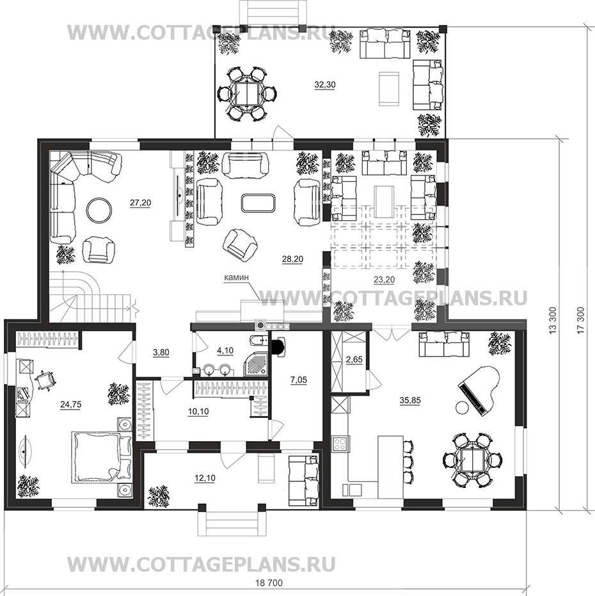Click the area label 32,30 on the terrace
(325, 85)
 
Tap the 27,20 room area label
(140, 203)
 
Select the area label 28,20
(292, 259)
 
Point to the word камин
(236, 277)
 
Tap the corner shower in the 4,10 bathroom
(256, 364)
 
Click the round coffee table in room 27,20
(99, 210)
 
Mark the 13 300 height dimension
(553, 320)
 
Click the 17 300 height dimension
(580, 320)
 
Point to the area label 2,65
(354, 360)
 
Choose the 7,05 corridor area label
(298, 380)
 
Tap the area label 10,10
(198, 411)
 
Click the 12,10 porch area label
(205, 478)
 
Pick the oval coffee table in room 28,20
(258, 202)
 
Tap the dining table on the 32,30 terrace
(247, 94)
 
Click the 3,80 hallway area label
(161, 353)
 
